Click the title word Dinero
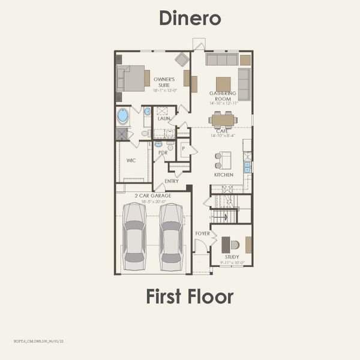[190, 18]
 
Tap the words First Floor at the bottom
[189, 296]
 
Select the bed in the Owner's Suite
[133, 78]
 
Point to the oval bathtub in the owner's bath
[123, 115]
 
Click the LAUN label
[164, 119]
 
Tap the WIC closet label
[131, 160]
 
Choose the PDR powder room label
[163, 153]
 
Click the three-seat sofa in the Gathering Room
[221, 59]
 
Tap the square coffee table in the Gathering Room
[223, 83]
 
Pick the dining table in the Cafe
[223, 120]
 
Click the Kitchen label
[224, 175]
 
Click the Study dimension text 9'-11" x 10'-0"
[231, 262]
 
